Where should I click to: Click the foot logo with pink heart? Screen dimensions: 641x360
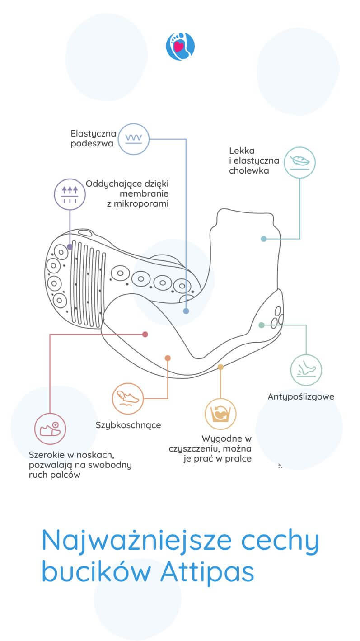click(x=180, y=46)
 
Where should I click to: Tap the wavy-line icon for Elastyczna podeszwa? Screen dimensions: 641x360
click(x=133, y=139)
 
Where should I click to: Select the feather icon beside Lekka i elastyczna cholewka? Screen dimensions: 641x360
click(x=299, y=161)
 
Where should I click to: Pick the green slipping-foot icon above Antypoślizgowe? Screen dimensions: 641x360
click(x=306, y=370)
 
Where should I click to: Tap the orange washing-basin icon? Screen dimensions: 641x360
click(x=220, y=413)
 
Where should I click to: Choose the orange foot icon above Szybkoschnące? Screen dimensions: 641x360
click(x=128, y=398)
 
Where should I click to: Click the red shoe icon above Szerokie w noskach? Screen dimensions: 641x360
click(x=50, y=428)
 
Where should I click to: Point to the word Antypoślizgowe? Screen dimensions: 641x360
click(x=301, y=397)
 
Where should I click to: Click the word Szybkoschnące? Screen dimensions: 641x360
click(x=128, y=425)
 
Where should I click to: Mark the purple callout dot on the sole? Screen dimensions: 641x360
click(x=70, y=247)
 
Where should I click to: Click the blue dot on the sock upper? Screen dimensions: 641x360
click(x=264, y=239)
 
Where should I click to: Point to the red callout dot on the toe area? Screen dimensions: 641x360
click(x=145, y=334)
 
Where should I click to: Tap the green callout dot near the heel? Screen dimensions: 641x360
click(x=261, y=325)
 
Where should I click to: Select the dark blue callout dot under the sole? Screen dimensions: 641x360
click(x=186, y=311)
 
